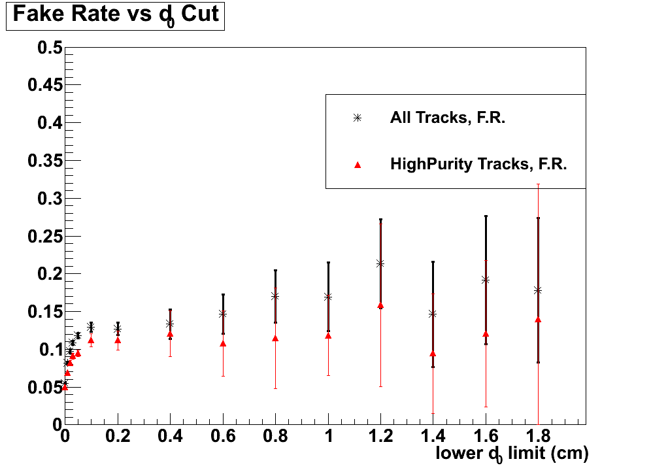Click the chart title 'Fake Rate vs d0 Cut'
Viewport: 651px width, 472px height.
[116, 15]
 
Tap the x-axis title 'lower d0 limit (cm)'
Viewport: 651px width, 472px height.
[512, 454]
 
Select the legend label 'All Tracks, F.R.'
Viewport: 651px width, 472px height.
[448, 118]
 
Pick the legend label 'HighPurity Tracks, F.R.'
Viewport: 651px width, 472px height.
[478, 164]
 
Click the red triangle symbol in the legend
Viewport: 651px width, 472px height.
[357, 165]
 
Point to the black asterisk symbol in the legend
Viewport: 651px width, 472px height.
[357, 118]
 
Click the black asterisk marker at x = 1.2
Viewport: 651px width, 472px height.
[380, 263]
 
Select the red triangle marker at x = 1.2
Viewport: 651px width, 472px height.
[380, 305]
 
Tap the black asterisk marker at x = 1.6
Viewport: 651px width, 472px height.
[486, 280]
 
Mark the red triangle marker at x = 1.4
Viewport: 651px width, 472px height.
[433, 354]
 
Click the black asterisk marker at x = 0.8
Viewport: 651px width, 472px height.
[275, 295]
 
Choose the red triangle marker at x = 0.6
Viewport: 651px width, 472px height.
[223, 343]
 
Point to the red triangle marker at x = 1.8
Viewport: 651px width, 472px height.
[538, 320]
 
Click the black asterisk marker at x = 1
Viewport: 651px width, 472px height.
[328, 296]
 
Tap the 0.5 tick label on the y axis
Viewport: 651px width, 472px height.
[49, 48]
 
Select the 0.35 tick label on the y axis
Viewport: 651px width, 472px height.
[44, 161]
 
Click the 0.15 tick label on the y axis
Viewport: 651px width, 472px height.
[44, 312]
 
